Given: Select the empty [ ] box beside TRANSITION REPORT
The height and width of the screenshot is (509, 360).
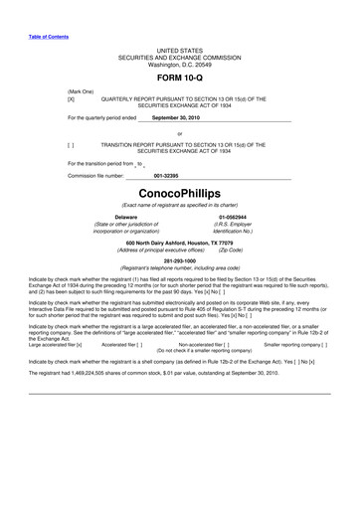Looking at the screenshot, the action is (71, 143).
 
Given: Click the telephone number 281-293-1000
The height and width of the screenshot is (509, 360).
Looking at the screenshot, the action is (180, 260).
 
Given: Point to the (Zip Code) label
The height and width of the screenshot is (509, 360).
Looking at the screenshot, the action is (230, 251).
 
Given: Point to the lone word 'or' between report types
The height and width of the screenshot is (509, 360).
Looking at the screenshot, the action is (180, 132).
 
